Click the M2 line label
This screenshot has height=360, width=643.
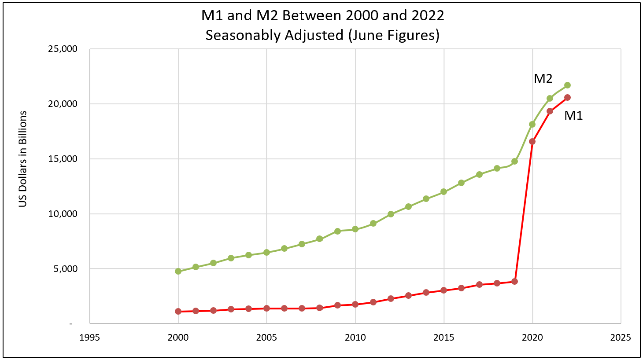pos(543,78)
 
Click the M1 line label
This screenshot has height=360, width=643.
pos(573,116)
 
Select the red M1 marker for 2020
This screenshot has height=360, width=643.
pos(532,141)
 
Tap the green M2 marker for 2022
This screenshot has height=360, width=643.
pos(567,85)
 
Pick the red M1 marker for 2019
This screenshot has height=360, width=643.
pos(514,281)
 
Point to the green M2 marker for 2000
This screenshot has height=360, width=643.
pos(178,271)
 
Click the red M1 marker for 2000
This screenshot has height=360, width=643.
pos(178,311)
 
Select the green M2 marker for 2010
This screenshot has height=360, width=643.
pos(355,229)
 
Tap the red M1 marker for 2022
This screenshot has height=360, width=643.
pos(567,97)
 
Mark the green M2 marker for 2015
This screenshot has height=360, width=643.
pos(443,192)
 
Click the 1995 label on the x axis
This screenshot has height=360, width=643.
pos(89,338)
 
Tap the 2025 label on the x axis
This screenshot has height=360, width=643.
pos(621,338)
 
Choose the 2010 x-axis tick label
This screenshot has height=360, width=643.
pos(355,338)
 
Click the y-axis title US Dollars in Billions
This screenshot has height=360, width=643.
pos(23,159)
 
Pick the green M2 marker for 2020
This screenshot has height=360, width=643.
pos(532,124)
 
